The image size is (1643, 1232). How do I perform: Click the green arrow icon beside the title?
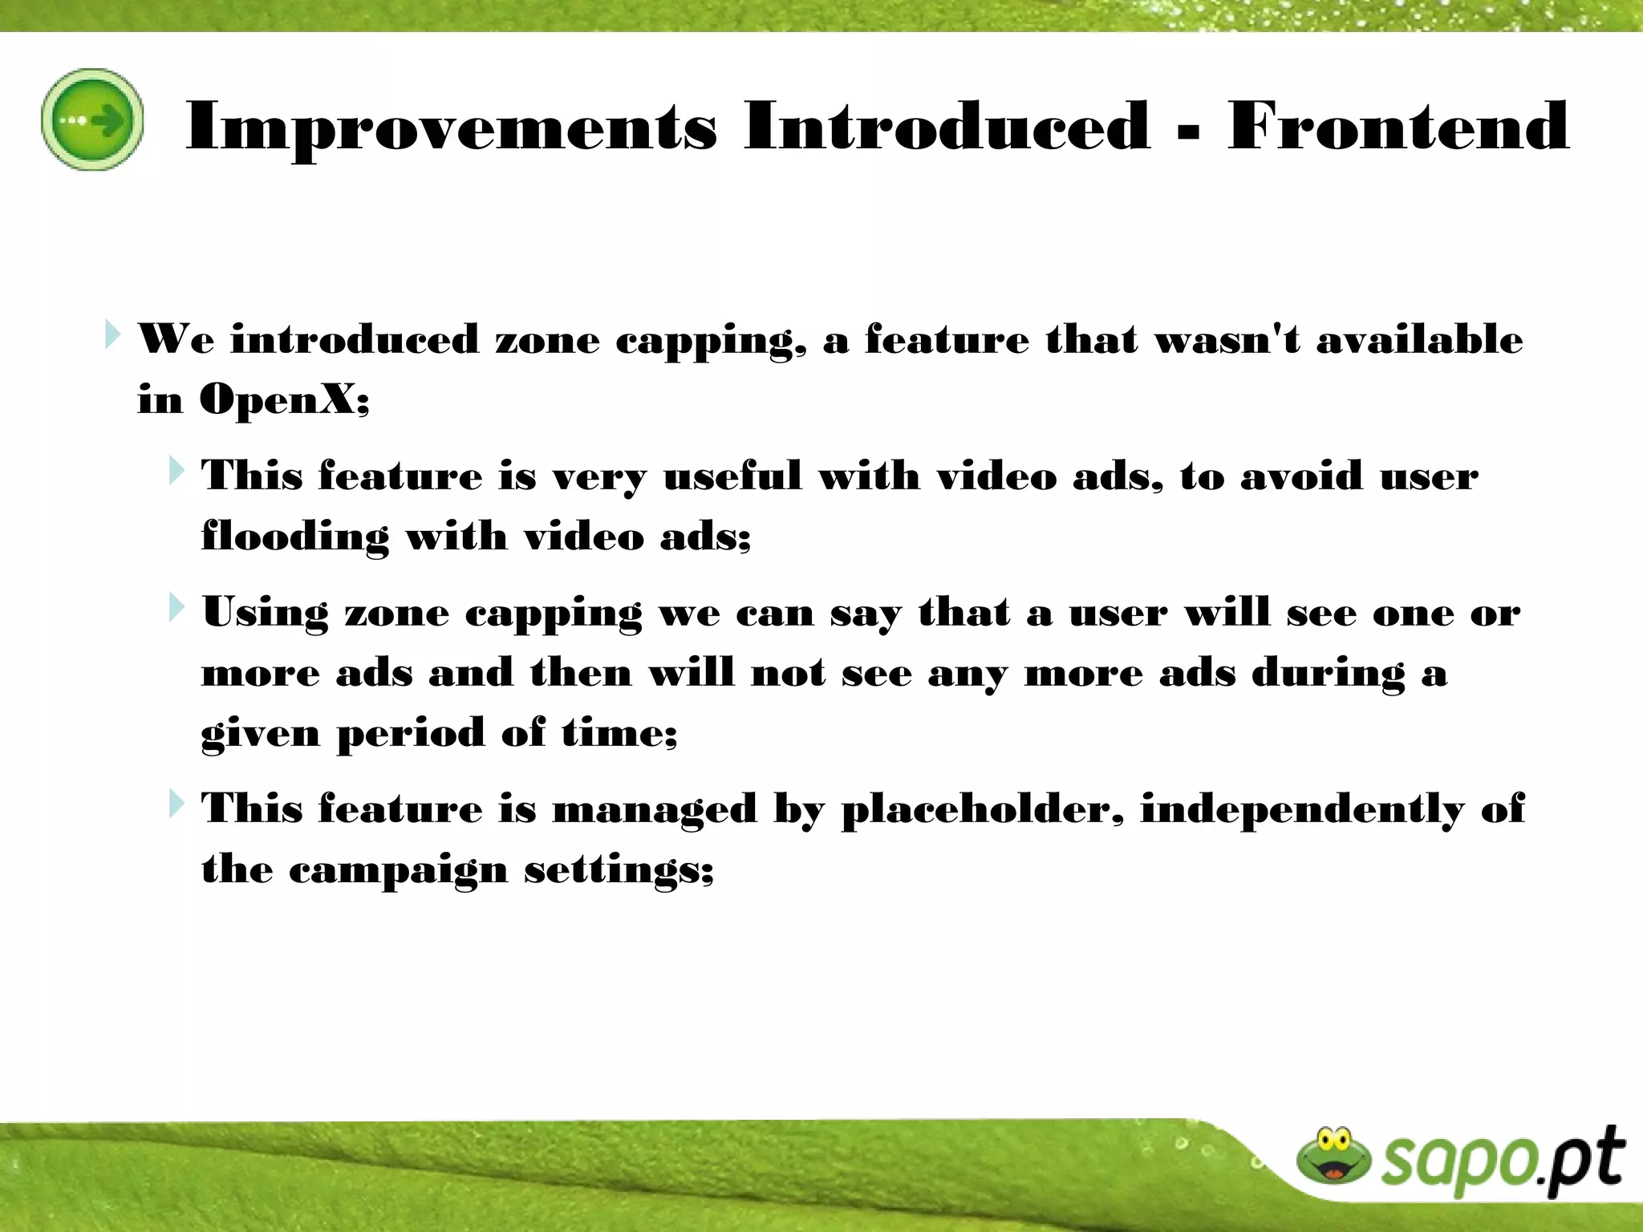pyautogui.click(x=92, y=120)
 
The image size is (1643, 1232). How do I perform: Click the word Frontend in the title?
pyautogui.click(x=1398, y=127)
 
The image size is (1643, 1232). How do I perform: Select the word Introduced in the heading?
pyautogui.click(x=947, y=127)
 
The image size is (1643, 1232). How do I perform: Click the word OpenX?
pyautogui.click(x=284, y=399)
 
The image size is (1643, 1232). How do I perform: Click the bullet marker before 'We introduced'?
pyautogui.click(x=112, y=334)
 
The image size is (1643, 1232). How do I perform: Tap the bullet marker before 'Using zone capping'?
pyautogui.click(x=176, y=608)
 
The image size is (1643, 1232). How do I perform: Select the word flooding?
pyautogui.click(x=294, y=537)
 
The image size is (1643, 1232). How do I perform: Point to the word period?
pyautogui.click(x=411, y=734)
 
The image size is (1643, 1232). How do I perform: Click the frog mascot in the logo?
pyautogui.click(x=1333, y=1156)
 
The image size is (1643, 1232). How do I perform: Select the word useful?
pyautogui.click(x=732, y=476)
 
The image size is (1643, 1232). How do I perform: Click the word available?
pyautogui.click(x=1419, y=339)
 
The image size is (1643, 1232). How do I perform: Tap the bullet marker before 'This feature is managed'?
pyautogui.click(x=176, y=804)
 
